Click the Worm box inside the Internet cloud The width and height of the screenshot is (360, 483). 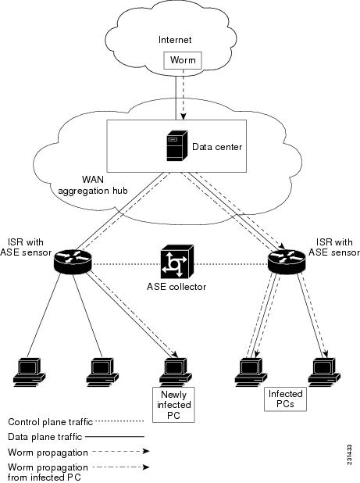coord(183,60)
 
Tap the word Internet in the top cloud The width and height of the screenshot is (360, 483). coord(175,40)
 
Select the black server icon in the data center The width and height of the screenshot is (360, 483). coord(177,146)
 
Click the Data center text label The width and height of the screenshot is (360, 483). coord(217,147)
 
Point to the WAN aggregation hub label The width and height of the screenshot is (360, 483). coord(93,184)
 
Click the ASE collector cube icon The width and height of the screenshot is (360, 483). coord(177,262)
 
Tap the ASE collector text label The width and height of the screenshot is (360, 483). coord(176,287)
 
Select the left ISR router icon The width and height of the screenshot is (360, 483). coord(73,260)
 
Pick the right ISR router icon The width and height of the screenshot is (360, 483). coord(287,260)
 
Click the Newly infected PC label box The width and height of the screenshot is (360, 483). coord(173,405)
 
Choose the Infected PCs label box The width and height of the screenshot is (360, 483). coord(285,399)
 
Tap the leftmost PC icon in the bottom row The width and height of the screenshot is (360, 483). coord(30,372)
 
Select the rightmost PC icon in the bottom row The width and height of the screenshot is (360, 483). coord(324,372)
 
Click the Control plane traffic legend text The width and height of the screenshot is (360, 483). coord(50,422)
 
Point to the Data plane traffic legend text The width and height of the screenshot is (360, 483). coord(45,437)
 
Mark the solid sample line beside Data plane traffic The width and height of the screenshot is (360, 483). coord(115,436)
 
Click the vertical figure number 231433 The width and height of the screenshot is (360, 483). coord(349,455)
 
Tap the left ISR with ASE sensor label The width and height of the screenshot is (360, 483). coord(26,247)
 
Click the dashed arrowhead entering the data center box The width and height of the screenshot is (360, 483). coord(184,116)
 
